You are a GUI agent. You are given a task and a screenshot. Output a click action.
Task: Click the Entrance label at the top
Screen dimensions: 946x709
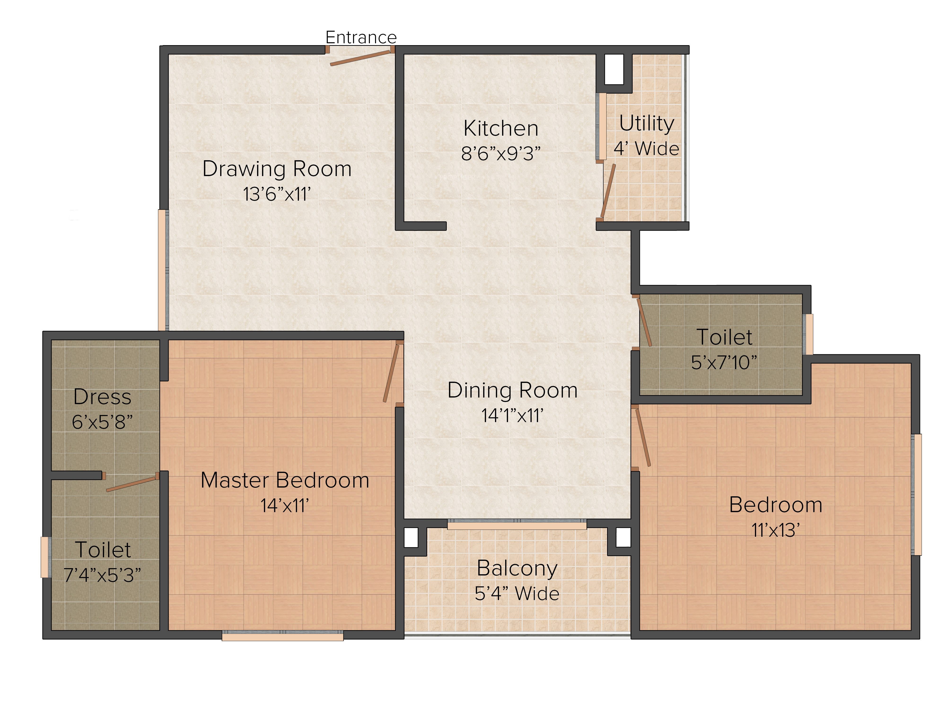click(361, 38)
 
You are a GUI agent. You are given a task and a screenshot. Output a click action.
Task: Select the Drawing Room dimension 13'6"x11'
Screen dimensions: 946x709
click(277, 194)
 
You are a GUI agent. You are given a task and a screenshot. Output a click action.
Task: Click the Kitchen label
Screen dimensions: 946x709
click(501, 128)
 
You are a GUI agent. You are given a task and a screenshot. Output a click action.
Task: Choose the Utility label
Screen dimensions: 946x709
click(647, 124)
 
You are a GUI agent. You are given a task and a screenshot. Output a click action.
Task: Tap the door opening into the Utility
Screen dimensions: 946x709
click(608, 191)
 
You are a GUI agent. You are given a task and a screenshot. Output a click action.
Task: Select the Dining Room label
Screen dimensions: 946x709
click(512, 390)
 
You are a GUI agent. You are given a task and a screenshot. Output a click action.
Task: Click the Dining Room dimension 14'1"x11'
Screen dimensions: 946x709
click(512, 415)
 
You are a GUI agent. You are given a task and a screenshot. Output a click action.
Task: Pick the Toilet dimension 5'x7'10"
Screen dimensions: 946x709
click(724, 362)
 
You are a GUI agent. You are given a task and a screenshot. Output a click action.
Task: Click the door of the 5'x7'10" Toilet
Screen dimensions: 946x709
click(644, 322)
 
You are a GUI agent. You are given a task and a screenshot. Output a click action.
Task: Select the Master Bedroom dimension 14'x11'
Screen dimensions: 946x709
click(285, 506)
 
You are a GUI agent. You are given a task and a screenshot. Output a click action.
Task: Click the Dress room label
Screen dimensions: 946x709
click(102, 397)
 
